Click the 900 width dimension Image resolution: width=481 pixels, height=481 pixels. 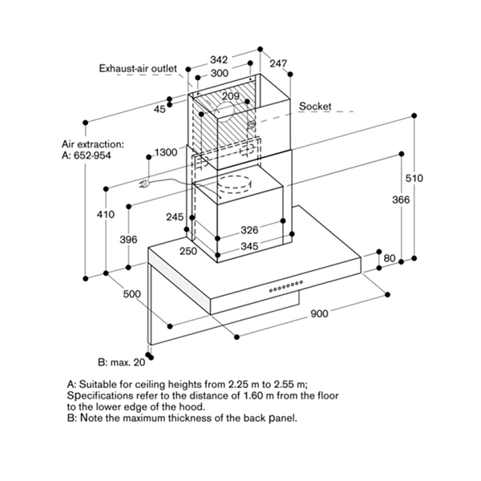click(x=320, y=313)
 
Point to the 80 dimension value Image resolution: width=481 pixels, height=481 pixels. click(x=390, y=258)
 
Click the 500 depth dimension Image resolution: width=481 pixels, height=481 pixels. click(x=132, y=294)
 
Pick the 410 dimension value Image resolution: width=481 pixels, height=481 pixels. click(x=105, y=214)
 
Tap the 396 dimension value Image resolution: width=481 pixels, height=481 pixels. click(x=128, y=240)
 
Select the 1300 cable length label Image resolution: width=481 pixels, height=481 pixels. click(x=165, y=152)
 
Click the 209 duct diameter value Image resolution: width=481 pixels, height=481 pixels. click(x=230, y=97)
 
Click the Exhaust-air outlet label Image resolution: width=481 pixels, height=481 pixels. click(x=137, y=70)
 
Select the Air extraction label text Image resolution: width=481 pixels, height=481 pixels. click(x=93, y=144)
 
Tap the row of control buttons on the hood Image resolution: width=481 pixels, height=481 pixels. click(x=285, y=285)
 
